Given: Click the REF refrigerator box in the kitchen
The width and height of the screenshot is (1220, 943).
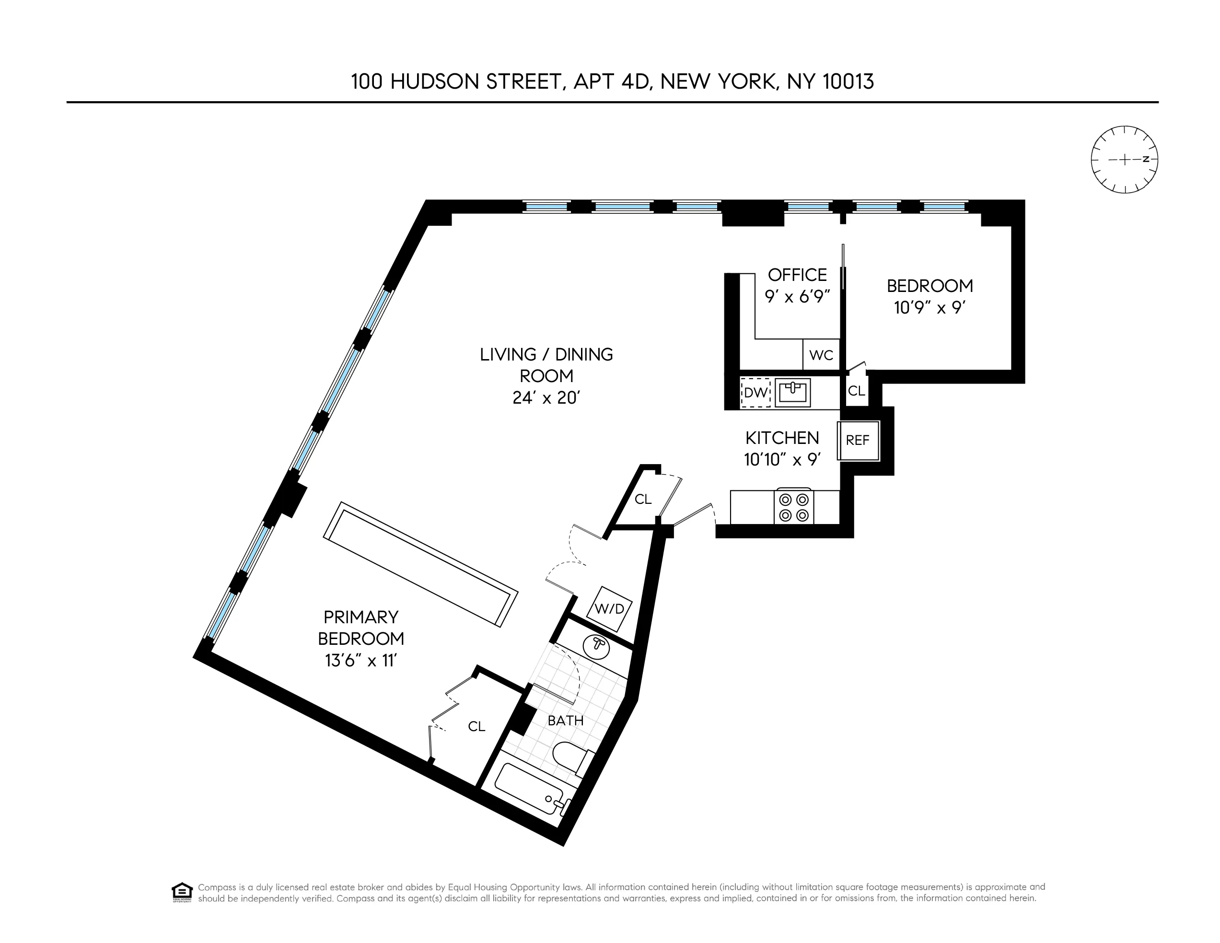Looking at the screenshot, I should point(859,440).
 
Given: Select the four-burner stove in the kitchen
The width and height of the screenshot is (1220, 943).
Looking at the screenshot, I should point(794,507).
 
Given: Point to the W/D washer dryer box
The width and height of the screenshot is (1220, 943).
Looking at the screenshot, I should point(609,608).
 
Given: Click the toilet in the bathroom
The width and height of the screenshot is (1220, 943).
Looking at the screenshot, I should point(571,757).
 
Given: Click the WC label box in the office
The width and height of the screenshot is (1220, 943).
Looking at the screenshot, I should point(821,355).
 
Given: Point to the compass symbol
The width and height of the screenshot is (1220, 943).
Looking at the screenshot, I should point(1124,159).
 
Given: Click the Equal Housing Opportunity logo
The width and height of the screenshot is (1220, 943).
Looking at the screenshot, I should point(182,892).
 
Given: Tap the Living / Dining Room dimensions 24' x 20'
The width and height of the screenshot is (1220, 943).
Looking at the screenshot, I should point(546,398).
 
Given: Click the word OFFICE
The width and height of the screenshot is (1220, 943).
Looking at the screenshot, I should point(797,275).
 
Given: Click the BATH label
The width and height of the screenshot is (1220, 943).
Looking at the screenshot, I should point(565,721).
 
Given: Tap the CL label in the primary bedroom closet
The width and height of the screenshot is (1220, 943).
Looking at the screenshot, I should point(476,726).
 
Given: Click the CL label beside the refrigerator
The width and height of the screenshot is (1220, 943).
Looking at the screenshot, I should point(856,391).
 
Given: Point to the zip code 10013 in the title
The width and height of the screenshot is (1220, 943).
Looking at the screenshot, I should point(848,81).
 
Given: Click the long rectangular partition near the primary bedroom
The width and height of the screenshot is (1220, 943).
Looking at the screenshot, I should point(420,564).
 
